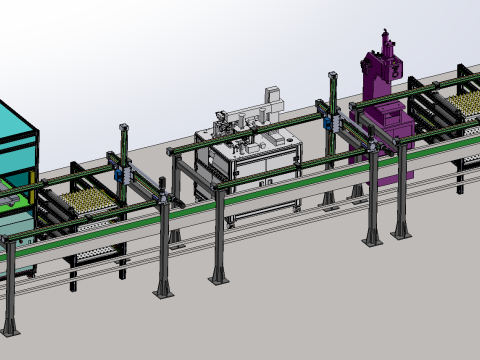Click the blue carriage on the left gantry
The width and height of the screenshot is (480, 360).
[119, 172]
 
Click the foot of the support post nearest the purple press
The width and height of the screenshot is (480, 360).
[372, 239]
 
